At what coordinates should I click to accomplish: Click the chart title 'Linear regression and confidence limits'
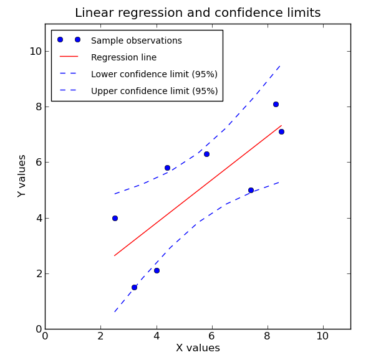(x=198, y=13)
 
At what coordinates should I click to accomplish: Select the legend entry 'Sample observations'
(x=136, y=40)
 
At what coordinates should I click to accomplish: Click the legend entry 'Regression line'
(x=123, y=57)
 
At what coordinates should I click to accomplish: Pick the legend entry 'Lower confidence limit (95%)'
(x=154, y=74)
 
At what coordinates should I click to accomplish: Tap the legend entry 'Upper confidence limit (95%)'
(x=154, y=91)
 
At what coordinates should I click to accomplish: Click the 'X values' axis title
(x=198, y=348)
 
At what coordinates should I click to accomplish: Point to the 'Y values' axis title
(x=22, y=176)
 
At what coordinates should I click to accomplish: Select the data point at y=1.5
(x=134, y=287)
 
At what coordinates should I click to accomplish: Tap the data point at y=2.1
(x=157, y=270)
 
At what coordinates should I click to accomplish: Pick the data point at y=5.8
(x=167, y=168)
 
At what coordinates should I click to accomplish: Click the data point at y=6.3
(x=206, y=154)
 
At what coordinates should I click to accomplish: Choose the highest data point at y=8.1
(x=276, y=104)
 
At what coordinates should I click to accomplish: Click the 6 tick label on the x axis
(x=212, y=336)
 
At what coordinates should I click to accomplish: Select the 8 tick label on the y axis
(x=38, y=107)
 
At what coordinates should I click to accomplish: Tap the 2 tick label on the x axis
(x=100, y=336)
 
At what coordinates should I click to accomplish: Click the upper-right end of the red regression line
(x=281, y=125)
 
